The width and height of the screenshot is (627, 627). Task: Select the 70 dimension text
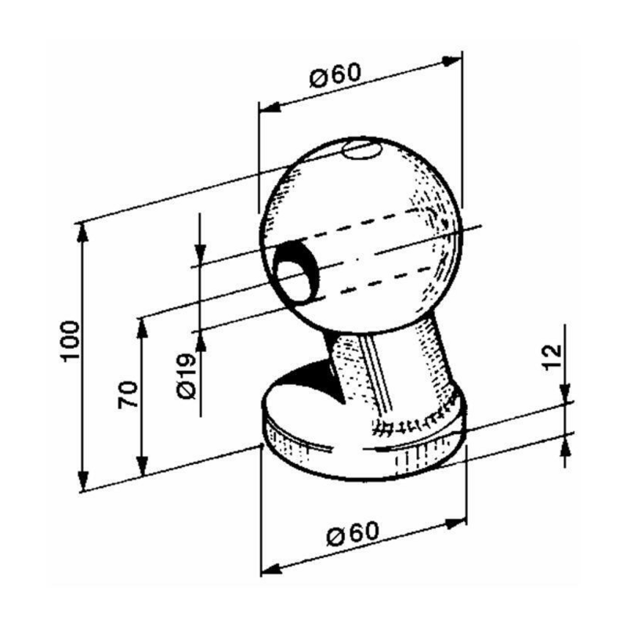129,393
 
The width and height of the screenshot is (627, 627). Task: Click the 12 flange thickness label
553,357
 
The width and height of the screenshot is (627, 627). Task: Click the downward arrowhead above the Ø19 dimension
201,256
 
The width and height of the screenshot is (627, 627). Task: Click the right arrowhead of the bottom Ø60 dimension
458,520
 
